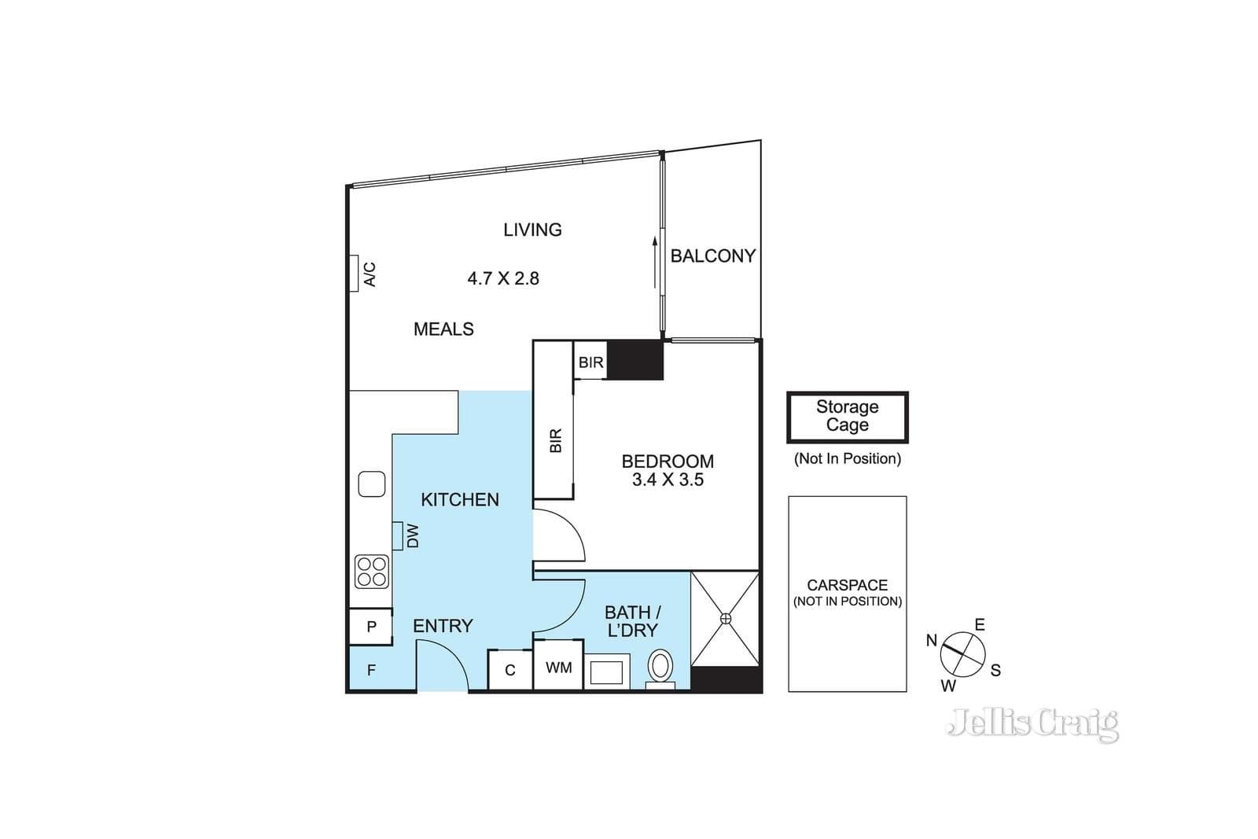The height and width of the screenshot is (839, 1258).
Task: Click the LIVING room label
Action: (532, 230)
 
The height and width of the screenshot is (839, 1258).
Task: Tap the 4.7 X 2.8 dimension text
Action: (503, 278)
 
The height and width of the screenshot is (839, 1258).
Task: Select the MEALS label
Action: (443, 329)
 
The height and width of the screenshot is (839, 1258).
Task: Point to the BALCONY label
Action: (712, 256)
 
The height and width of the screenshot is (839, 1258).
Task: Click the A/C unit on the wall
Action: (355, 274)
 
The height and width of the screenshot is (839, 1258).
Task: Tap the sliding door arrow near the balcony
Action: (655, 263)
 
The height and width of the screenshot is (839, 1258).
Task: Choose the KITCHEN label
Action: (460, 500)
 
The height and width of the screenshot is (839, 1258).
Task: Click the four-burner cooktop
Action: (372, 572)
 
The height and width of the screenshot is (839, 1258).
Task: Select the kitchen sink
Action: (372, 484)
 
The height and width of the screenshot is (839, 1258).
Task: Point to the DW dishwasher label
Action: (413, 535)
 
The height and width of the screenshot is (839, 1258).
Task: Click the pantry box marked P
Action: (370, 627)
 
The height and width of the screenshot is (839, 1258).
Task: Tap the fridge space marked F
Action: (370, 669)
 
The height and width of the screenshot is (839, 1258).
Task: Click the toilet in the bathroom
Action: (660, 669)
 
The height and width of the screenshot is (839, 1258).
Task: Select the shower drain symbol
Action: (726, 619)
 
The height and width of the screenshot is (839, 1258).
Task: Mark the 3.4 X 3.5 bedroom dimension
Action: (668, 480)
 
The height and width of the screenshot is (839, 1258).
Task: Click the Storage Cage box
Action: (848, 418)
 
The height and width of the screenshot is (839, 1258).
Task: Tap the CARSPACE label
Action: (848, 584)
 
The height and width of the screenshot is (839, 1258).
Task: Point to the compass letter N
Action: (932, 640)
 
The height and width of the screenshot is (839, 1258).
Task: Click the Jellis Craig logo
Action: (1032, 724)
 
